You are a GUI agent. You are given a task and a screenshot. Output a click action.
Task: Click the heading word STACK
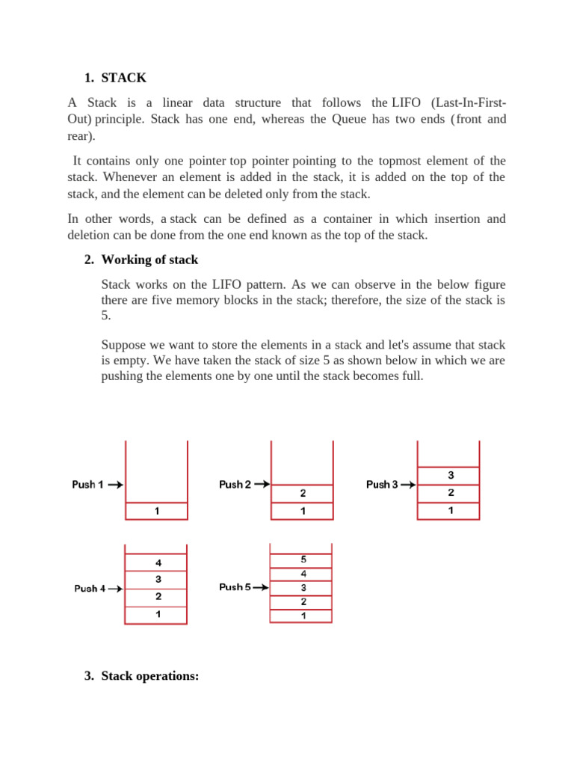click(x=124, y=78)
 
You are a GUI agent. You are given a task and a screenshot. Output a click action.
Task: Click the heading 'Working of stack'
click(x=149, y=260)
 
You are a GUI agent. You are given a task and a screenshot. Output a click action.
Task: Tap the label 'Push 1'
click(x=87, y=485)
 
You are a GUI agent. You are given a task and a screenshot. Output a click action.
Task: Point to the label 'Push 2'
click(x=235, y=485)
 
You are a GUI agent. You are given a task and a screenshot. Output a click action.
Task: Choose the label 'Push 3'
click(x=382, y=485)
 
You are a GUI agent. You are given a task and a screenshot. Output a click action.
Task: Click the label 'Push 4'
click(x=90, y=589)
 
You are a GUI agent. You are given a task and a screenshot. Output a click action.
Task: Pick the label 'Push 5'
click(x=234, y=587)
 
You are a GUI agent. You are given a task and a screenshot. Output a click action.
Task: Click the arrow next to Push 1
click(x=115, y=485)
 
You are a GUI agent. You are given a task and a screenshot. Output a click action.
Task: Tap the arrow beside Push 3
click(x=409, y=485)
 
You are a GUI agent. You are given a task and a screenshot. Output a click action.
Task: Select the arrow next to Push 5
click(x=261, y=587)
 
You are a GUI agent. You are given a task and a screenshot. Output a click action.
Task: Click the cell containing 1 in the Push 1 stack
click(x=156, y=512)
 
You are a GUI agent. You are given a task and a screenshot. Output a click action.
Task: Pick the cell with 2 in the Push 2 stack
click(x=303, y=494)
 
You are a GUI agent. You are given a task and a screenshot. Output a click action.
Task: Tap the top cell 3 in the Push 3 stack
click(x=450, y=475)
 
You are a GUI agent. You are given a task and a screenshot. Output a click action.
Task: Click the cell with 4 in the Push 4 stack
click(x=157, y=563)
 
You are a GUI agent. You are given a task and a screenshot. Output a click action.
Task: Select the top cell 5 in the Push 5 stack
click(x=303, y=560)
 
